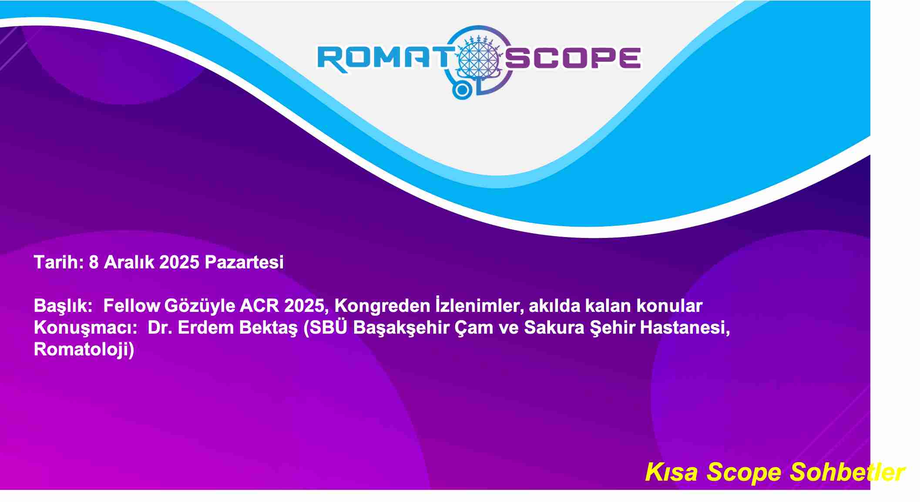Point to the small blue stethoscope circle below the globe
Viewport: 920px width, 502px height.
(462, 90)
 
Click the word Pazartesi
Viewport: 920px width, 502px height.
(244, 262)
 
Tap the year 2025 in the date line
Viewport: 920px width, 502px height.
(179, 262)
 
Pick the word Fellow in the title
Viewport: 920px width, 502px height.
(132, 306)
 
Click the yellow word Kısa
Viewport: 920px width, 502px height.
(672, 472)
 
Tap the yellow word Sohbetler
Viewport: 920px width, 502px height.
(847, 472)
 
